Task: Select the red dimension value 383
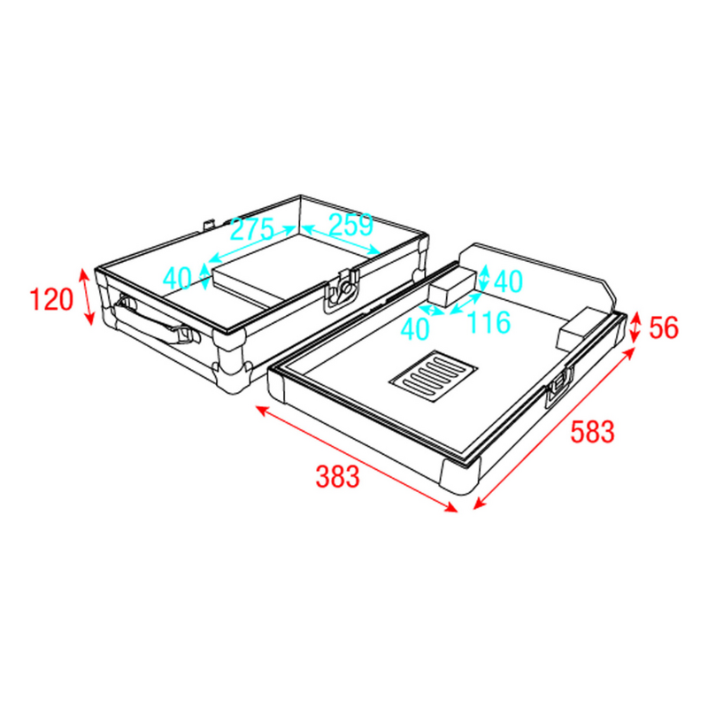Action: click(338, 477)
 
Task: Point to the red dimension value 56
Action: click(664, 327)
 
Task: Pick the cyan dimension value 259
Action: click(350, 225)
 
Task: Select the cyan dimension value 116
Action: click(489, 322)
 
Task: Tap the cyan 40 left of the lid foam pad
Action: click(177, 279)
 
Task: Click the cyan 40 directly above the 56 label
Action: click(508, 281)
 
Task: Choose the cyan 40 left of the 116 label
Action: click(414, 328)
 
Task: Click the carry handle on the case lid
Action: click(150, 320)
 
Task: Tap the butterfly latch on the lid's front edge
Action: click(341, 293)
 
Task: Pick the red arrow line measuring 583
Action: click(555, 428)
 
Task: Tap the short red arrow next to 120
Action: click(87, 297)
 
